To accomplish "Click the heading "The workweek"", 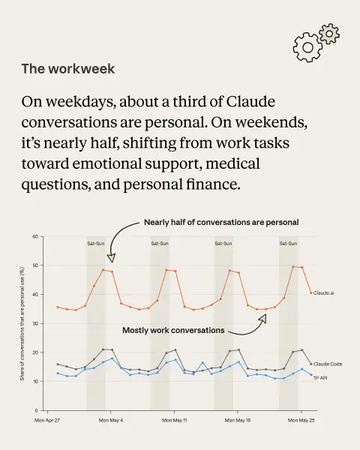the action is click(68, 69).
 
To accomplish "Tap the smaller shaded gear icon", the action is click(329, 34).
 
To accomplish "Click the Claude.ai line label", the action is click(323, 293).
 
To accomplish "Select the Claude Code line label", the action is click(328, 364).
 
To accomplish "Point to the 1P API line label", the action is click(320, 378).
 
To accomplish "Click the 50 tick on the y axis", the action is click(35, 265).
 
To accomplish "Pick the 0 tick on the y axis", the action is click(37, 410).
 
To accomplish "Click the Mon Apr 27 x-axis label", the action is click(47, 420).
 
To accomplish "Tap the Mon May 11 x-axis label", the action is click(174, 420).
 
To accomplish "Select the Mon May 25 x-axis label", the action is click(301, 420).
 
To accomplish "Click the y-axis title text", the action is click(22, 324).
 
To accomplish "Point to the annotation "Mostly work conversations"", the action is click(173, 330).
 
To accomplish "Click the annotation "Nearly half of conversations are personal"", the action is click(221, 222).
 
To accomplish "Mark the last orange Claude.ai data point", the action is click(311, 293).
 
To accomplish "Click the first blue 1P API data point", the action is click(58, 373).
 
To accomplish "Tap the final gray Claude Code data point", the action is click(311, 364).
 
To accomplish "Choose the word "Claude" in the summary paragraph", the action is click(250, 101).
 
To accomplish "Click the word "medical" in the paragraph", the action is click(232, 163).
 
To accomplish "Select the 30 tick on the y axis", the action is click(35, 323).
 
